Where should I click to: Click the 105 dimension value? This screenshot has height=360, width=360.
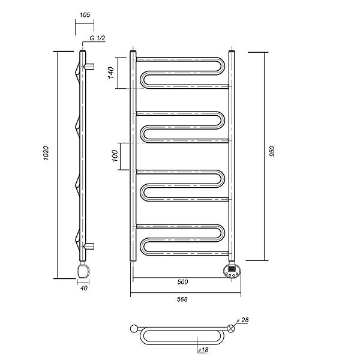click(x=85, y=15)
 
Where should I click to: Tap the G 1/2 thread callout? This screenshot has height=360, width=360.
click(x=97, y=38)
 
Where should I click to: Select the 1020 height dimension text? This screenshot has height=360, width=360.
click(x=46, y=153)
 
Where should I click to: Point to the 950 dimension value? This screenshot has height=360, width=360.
click(x=272, y=151)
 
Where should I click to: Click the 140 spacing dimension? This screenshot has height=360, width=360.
click(x=111, y=73)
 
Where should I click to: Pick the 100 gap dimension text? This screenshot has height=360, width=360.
click(x=115, y=156)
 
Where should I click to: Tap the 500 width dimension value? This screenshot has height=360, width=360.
click(x=183, y=282)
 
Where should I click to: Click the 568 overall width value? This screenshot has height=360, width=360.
click(x=182, y=299)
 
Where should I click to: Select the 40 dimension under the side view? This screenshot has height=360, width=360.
click(x=84, y=288)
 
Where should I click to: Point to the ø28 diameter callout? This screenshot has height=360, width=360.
click(x=242, y=320)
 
